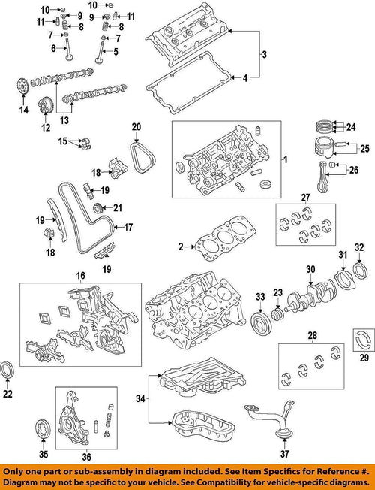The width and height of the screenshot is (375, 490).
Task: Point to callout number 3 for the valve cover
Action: (x=263, y=54)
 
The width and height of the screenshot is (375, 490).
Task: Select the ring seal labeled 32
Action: (x=360, y=269)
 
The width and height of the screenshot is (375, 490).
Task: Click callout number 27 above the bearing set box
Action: (x=305, y=198)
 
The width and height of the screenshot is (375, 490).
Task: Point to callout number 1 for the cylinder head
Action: (x=284, y=161)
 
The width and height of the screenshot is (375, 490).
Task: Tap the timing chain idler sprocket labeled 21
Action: (x=96, y=208)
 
